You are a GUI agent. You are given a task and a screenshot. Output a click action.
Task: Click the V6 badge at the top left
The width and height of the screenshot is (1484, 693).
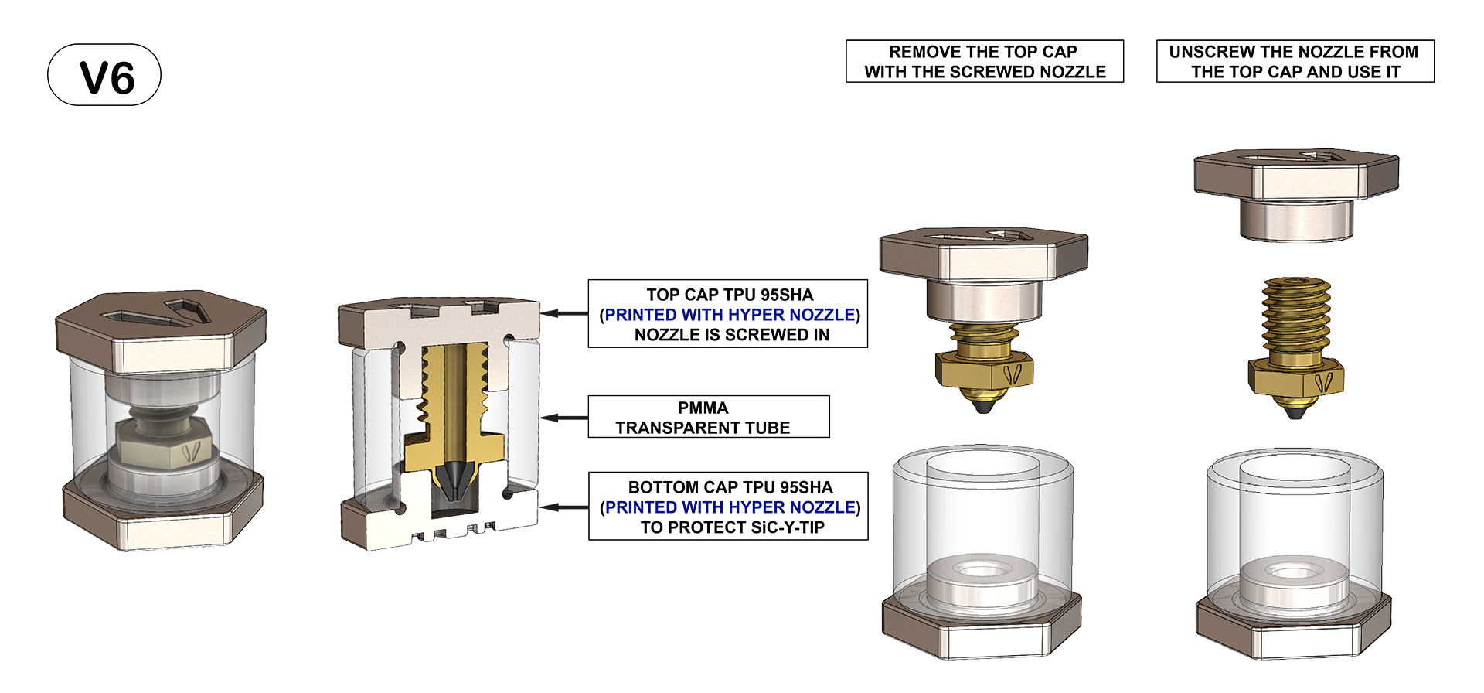coord(104,75)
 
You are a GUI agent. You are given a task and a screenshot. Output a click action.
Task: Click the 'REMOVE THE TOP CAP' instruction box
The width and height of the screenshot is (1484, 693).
coord(984,62)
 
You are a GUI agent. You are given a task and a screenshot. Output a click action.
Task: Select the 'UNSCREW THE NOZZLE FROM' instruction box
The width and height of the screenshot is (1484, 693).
coord(1295,62)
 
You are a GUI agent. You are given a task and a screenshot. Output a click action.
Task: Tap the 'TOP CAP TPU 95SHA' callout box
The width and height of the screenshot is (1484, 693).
coord(727,314)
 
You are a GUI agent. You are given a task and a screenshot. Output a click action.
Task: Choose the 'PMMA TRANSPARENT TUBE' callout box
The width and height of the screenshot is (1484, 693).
coord(708,418)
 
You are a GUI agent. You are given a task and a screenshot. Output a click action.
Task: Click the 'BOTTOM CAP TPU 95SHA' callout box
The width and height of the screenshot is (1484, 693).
coord(727,507)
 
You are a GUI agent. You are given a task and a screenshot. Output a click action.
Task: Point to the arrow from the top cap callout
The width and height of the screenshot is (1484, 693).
coord(564,313)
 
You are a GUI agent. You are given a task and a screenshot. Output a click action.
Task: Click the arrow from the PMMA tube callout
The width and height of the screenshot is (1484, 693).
coord(564,418)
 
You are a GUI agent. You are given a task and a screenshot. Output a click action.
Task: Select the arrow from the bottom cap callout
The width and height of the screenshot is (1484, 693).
coord(564,507)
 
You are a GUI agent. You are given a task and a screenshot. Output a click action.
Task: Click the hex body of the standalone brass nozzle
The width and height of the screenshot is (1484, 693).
coord(1295,379)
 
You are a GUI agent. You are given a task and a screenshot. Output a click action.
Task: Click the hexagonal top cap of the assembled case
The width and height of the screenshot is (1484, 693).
coord(161,329)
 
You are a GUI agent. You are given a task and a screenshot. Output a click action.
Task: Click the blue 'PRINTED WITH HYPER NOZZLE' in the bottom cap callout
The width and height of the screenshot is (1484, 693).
coord(730,507)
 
